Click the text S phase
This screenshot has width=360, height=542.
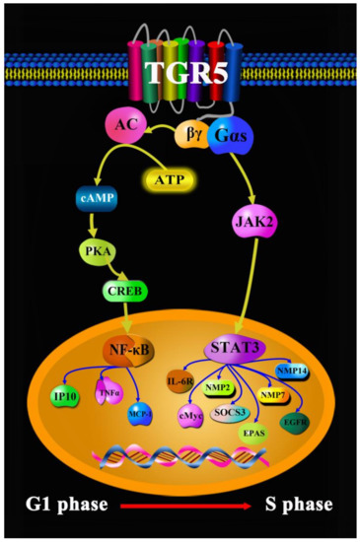pos(298,507)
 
